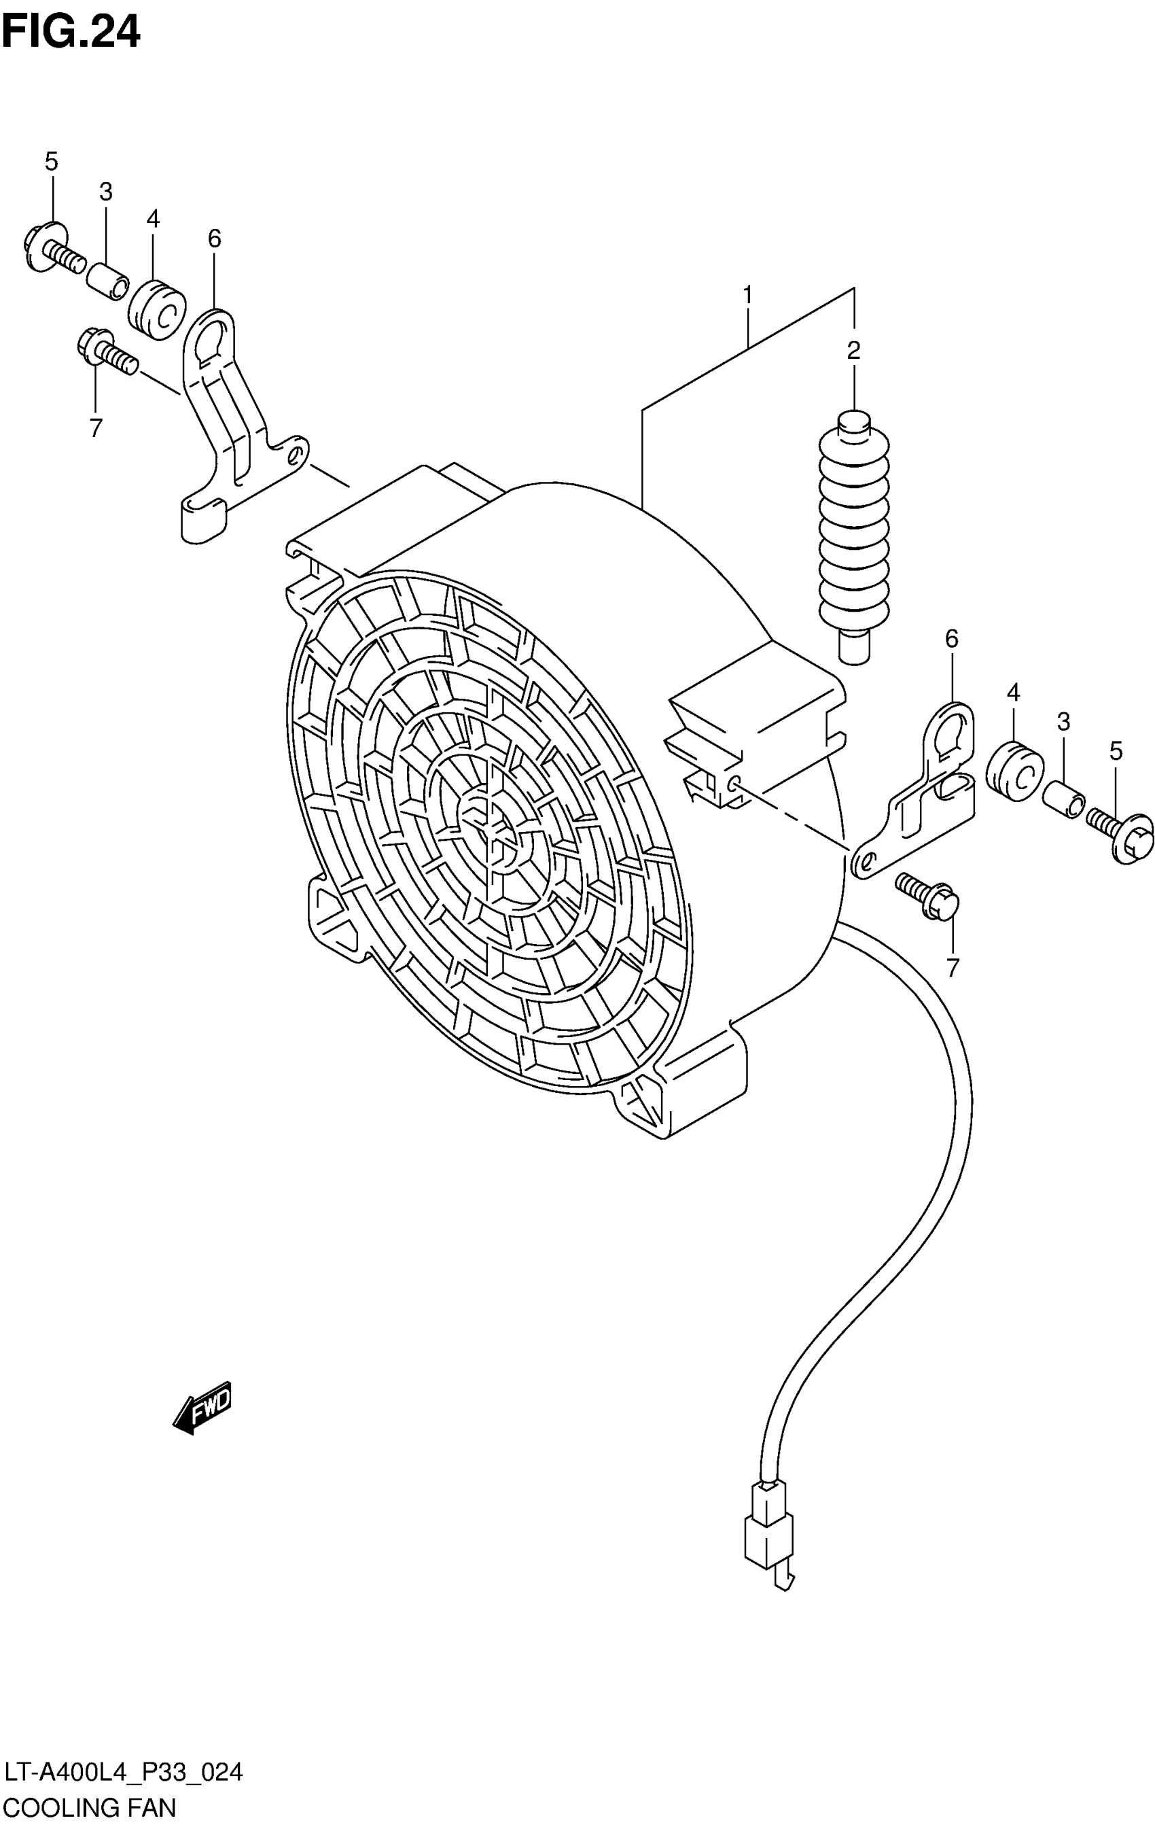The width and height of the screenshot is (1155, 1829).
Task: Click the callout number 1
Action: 748,295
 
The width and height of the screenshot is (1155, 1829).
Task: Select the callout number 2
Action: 853,350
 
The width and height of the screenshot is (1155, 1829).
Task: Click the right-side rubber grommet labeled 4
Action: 1013,771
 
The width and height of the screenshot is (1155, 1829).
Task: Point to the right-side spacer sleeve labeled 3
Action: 1063,800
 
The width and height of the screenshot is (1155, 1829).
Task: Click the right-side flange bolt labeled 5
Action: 1122,835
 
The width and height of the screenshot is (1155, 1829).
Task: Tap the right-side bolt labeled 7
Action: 929,896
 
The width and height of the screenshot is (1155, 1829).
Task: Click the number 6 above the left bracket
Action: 214,239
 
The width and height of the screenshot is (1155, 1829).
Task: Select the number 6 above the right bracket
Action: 951,639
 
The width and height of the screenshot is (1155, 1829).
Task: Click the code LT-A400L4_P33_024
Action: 123,1773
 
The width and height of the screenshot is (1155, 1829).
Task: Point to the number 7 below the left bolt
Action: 96,428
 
